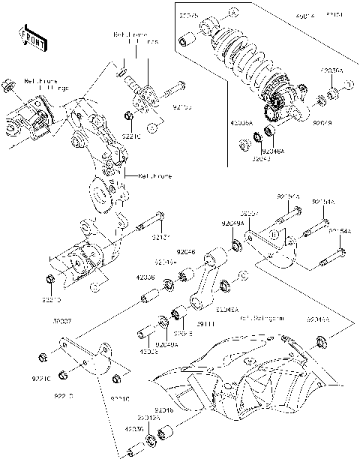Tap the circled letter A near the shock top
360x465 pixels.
233,13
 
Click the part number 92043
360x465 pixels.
260,158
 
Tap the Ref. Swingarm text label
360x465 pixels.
263,318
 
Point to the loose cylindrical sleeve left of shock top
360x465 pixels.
186,39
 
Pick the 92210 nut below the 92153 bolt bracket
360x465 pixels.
129,116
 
